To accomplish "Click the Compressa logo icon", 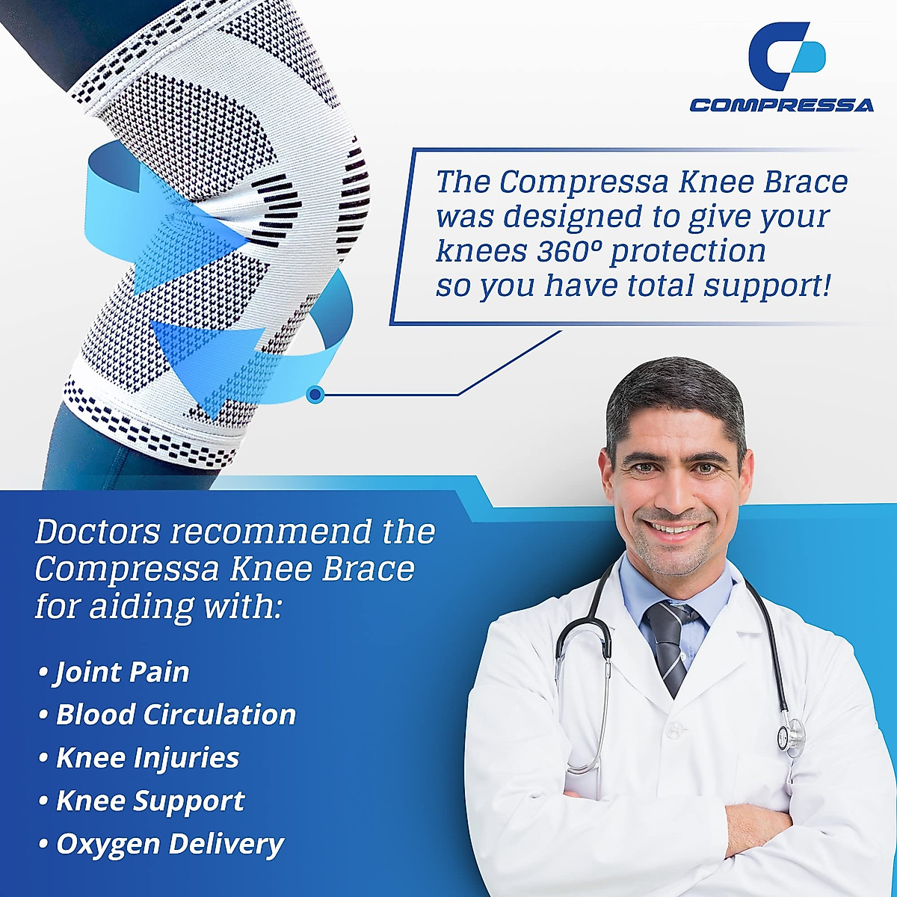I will click(787, 57).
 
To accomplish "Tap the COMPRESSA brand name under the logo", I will click(781, 105).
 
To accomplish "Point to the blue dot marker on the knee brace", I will click(315, 394).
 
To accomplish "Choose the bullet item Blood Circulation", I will click(176, 715).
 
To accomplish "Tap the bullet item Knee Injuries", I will click(147, 758).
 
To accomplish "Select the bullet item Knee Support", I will click(150, 801).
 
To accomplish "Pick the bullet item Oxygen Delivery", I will click(170, 844).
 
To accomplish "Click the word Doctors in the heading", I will click(98, 532).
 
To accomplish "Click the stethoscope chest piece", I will click(791, 737).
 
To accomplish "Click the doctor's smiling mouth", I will click(675, 528).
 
